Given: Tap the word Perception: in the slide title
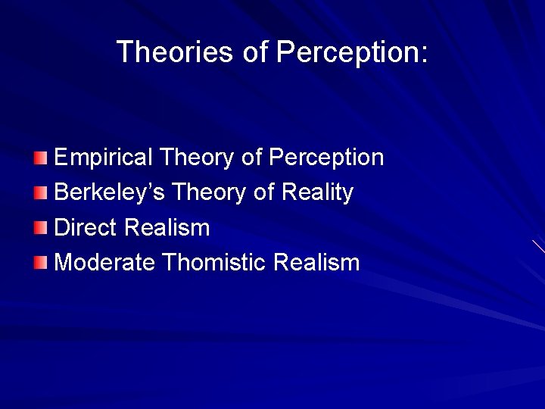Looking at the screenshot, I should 352,52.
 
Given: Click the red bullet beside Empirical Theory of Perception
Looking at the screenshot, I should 40,158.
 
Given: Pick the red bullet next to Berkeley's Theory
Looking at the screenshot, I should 40,193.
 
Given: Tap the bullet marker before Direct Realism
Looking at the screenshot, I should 40,228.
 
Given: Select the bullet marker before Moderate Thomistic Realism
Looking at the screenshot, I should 40,263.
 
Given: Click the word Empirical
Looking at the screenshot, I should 104,158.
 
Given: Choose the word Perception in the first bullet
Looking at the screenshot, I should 326,158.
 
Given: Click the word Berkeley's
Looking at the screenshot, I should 110,193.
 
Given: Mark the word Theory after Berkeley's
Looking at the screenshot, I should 210,193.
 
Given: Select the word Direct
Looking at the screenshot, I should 86,228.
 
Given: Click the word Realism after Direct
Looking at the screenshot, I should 167,228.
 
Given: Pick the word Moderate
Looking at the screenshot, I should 105,263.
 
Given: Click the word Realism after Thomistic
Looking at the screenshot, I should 316,263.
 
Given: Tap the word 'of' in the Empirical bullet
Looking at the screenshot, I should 251,158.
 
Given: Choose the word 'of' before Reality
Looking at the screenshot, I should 263,193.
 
